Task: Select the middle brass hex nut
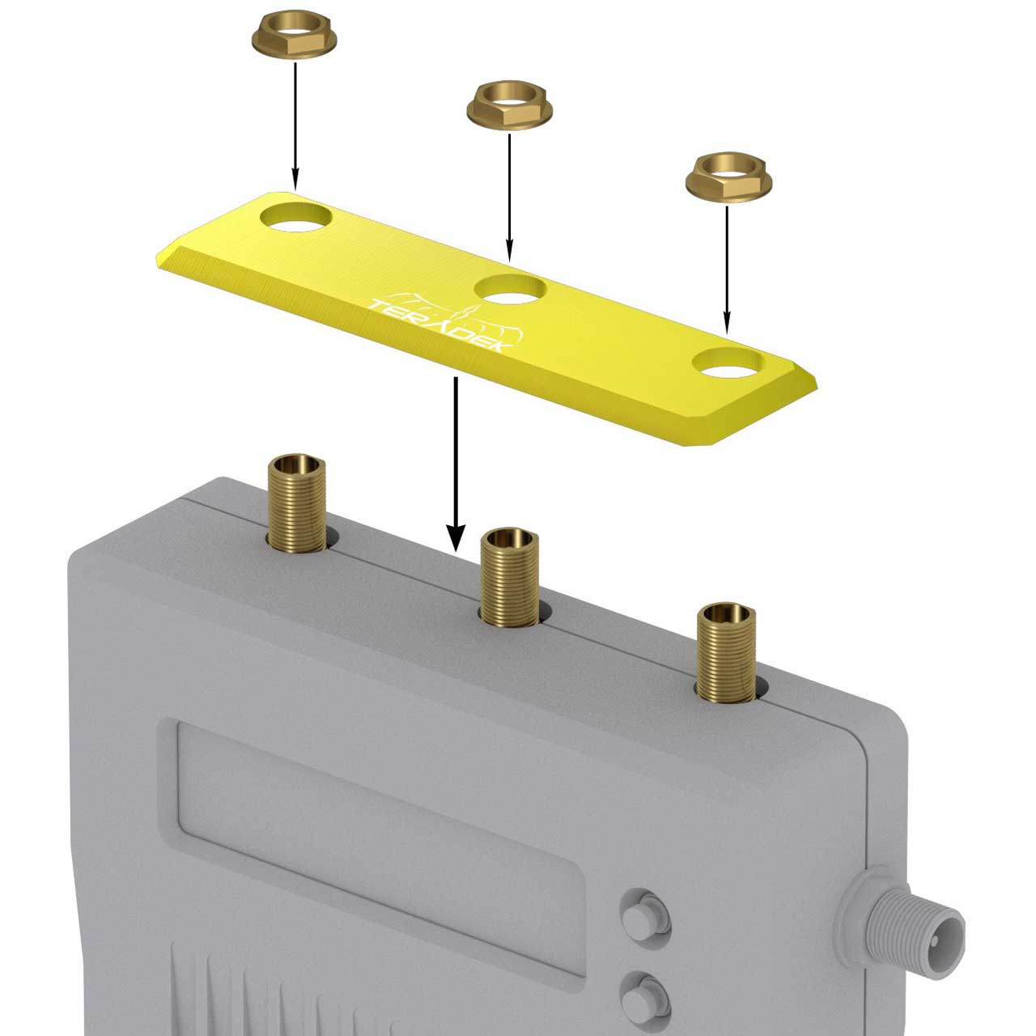[509, 106]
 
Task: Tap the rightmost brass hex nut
[728, 179]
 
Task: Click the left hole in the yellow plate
[296, 217]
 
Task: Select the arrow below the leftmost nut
[295, 126]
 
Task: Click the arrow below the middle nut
[509, 197]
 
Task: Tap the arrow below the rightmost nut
[727, 270]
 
